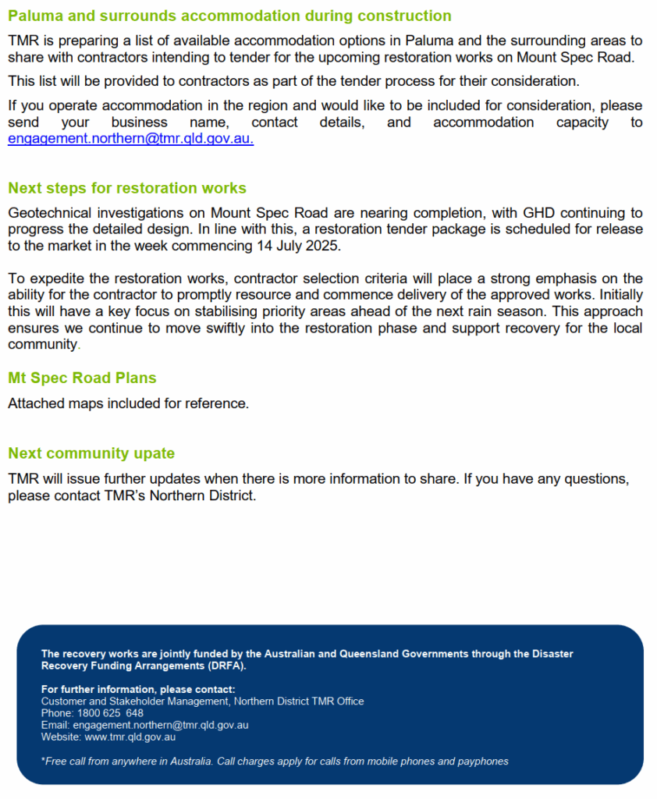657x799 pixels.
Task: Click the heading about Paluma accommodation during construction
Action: click(229, 16)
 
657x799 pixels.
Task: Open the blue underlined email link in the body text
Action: click(130, 139)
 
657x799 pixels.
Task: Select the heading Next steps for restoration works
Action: click(127, 188)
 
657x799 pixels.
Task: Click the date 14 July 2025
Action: click(299, 246)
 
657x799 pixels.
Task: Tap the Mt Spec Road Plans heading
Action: click(82, 378)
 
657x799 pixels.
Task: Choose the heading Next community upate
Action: click(91, 453)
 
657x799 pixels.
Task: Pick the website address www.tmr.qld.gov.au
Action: click(128, 737)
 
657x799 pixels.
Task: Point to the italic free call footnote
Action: click(274, 761)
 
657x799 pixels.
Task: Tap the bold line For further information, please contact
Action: click(138, 689)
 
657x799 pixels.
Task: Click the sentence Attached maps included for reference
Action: click(128, 403)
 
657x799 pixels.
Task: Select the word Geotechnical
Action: click(47, 213)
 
